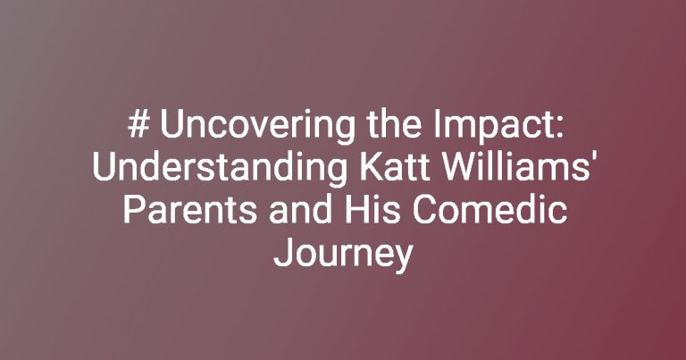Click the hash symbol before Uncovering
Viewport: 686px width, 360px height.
coord(138,125)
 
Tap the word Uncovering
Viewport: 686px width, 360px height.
coord(257,128)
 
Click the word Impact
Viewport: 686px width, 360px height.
coord(493,128)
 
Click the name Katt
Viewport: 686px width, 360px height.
coord(393,167)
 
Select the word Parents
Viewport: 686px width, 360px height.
coord(190,210)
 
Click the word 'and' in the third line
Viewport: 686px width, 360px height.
coord(300,210)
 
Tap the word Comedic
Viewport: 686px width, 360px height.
coord(489,210)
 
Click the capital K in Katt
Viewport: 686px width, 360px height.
coord(369,168)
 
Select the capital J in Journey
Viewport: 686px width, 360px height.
coord(281,254)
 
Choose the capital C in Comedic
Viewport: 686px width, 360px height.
coord(422,211)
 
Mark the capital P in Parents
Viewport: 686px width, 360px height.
coord(133,211)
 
